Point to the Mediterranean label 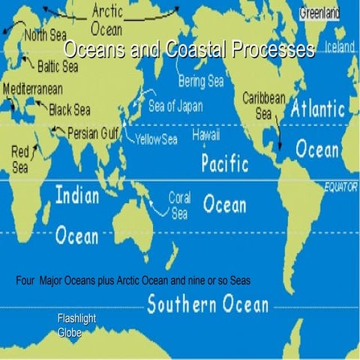point(32,88)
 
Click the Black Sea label point(70,110)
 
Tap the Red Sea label point(20,160)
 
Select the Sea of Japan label point(175,106)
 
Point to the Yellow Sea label point(155,140)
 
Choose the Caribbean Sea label point(264,106)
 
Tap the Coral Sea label point(179,205)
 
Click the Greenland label point(320,13)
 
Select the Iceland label point(339,46)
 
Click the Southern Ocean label point(207,304)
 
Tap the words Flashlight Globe point(76,325)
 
